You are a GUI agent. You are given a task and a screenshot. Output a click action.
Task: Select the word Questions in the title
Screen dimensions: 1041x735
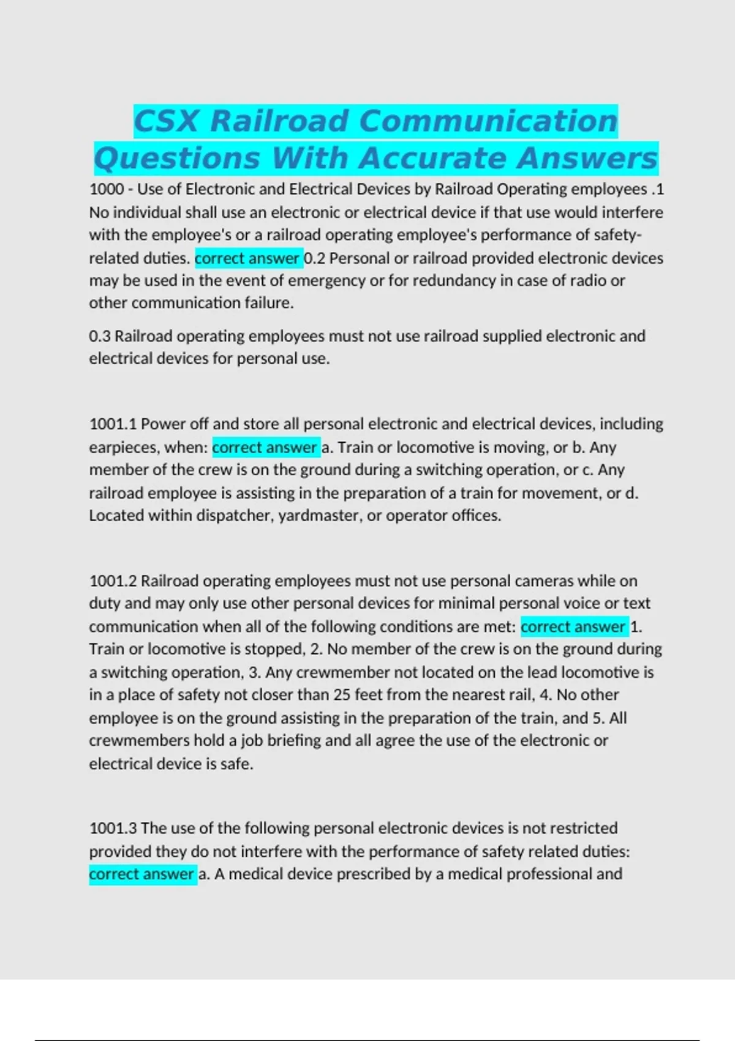tap(177, 159)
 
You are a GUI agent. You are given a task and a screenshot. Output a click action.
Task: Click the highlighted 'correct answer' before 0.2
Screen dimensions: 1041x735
tap(247, 258)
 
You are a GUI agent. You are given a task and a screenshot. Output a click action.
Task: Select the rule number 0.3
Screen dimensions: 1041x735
tap(100, 336)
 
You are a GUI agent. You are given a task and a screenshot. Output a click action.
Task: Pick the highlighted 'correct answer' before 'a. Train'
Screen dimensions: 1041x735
tap(265, 448)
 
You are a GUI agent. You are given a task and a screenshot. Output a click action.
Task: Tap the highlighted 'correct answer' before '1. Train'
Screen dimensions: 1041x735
tap(573, 627)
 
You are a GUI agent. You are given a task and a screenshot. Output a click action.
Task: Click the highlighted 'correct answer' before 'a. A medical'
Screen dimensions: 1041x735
tap(141, 874)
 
